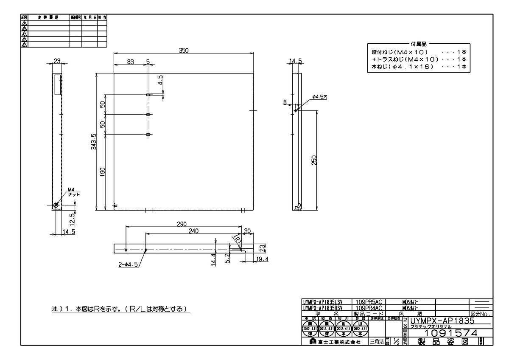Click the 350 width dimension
183,50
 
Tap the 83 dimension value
130,62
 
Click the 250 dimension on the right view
314,160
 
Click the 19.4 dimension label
262,259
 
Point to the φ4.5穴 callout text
320,97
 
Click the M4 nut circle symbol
56,205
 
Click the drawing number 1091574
450,333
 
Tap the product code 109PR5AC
369,302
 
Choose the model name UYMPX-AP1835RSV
323,308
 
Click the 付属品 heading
419,44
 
